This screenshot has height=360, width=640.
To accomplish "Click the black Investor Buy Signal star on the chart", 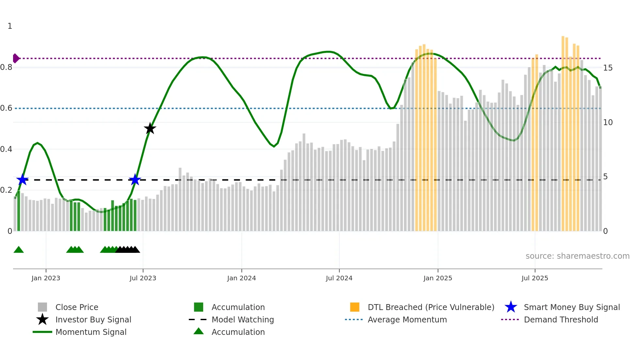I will [150, 128].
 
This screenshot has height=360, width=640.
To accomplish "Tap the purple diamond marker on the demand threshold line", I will [16, 58].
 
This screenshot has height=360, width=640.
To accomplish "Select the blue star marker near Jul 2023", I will [135, 180].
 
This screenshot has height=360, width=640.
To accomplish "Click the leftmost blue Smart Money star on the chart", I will [23, 180].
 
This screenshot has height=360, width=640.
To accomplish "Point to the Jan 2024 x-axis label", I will [241, 278].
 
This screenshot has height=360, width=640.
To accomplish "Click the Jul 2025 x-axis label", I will [535, 278].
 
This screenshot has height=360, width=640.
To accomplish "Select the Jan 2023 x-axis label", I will [46, 278].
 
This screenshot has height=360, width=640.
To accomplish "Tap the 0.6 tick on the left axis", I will [7, 108].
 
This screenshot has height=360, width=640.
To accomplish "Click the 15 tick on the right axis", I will [608, 68].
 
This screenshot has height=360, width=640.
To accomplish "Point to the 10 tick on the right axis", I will [608, 123].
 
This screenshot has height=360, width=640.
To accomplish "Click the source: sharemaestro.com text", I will [577, 256].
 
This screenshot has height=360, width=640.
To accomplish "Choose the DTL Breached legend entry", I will [431, 307].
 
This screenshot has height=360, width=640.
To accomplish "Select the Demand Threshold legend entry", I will [561, 319].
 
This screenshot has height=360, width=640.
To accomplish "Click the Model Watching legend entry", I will [242, 319].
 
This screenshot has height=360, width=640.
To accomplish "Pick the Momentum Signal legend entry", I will [91, 332].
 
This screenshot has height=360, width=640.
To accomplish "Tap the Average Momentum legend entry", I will [407, 319].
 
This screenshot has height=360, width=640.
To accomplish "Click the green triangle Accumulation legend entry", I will [238, 332].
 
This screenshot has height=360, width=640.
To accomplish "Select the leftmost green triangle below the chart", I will [19, 250].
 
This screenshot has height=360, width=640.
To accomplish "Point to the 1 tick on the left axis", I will [10, 26].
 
